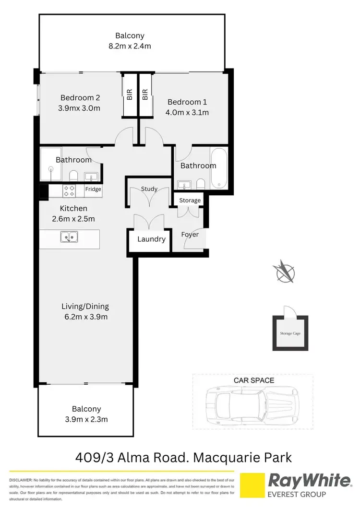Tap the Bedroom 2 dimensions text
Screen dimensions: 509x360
[x=79, y=108]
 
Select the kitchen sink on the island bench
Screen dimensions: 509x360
[x=70, y=237]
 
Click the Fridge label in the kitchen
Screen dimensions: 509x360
[x=93, y=189]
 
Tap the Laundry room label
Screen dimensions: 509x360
[x=151, y=239]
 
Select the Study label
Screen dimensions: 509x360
[x=149, y=189]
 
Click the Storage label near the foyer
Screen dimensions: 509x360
[x=190, y=200]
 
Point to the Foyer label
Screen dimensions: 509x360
[x=190, y=235]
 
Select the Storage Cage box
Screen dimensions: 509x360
[x=290, y=333]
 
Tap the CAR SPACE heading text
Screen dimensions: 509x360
[x=254, y=380]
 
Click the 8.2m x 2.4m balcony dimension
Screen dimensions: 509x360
[x=130, y=47]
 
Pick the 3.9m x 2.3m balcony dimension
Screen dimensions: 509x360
[x=86, y=419]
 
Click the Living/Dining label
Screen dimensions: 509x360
[x=85, y=306]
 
